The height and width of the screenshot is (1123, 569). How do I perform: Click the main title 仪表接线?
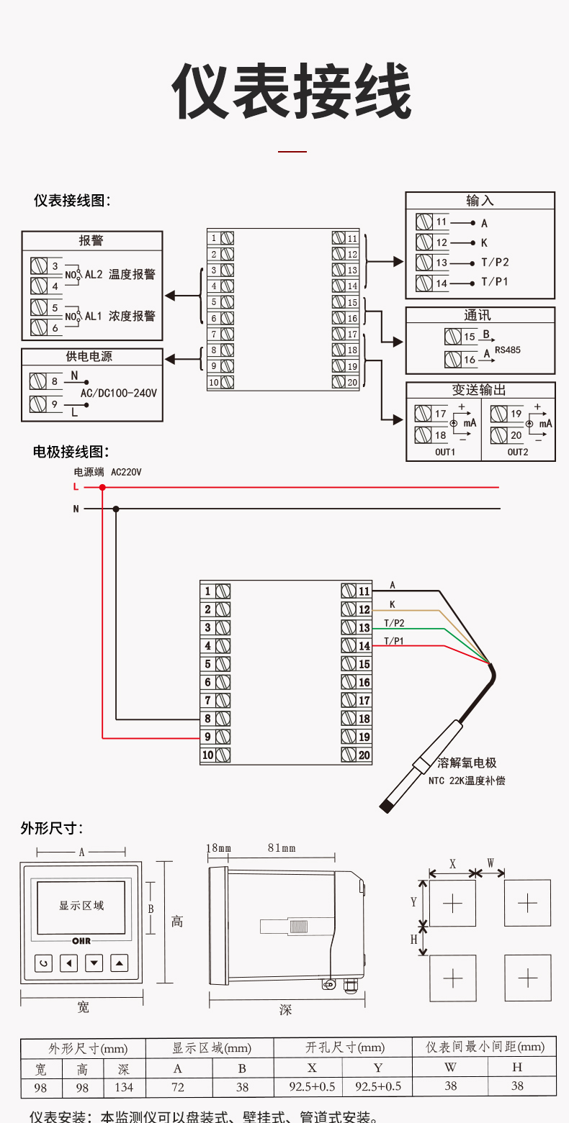[292, 92]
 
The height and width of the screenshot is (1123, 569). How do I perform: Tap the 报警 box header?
[91, 241]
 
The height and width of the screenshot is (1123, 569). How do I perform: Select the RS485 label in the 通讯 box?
[507, 350]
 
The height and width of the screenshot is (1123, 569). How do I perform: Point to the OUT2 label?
[518, 452]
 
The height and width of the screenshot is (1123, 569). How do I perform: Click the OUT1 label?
[445, 452]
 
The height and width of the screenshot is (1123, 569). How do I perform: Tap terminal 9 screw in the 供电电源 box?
[38, 404]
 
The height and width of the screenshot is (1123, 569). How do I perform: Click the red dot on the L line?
[102, 487]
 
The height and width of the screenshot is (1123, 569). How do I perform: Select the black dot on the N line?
[117, 509]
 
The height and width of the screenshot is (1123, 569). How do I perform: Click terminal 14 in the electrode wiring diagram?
[357, 646]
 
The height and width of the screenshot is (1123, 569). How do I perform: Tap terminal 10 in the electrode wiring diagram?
[215, 755]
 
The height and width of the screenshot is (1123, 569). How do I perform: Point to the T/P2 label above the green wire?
[394, 623]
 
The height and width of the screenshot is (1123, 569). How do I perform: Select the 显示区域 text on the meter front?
[81, 906]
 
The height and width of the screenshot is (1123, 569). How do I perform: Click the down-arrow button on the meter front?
[94, 963]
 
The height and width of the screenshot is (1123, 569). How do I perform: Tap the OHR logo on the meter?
[81, 941]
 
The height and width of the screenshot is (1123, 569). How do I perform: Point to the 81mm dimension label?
[282, 848]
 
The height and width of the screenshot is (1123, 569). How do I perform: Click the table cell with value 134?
[124, 1087]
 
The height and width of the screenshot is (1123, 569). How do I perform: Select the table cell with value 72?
[177, 1087]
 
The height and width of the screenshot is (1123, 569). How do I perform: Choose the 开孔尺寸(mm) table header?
[345, 1047]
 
